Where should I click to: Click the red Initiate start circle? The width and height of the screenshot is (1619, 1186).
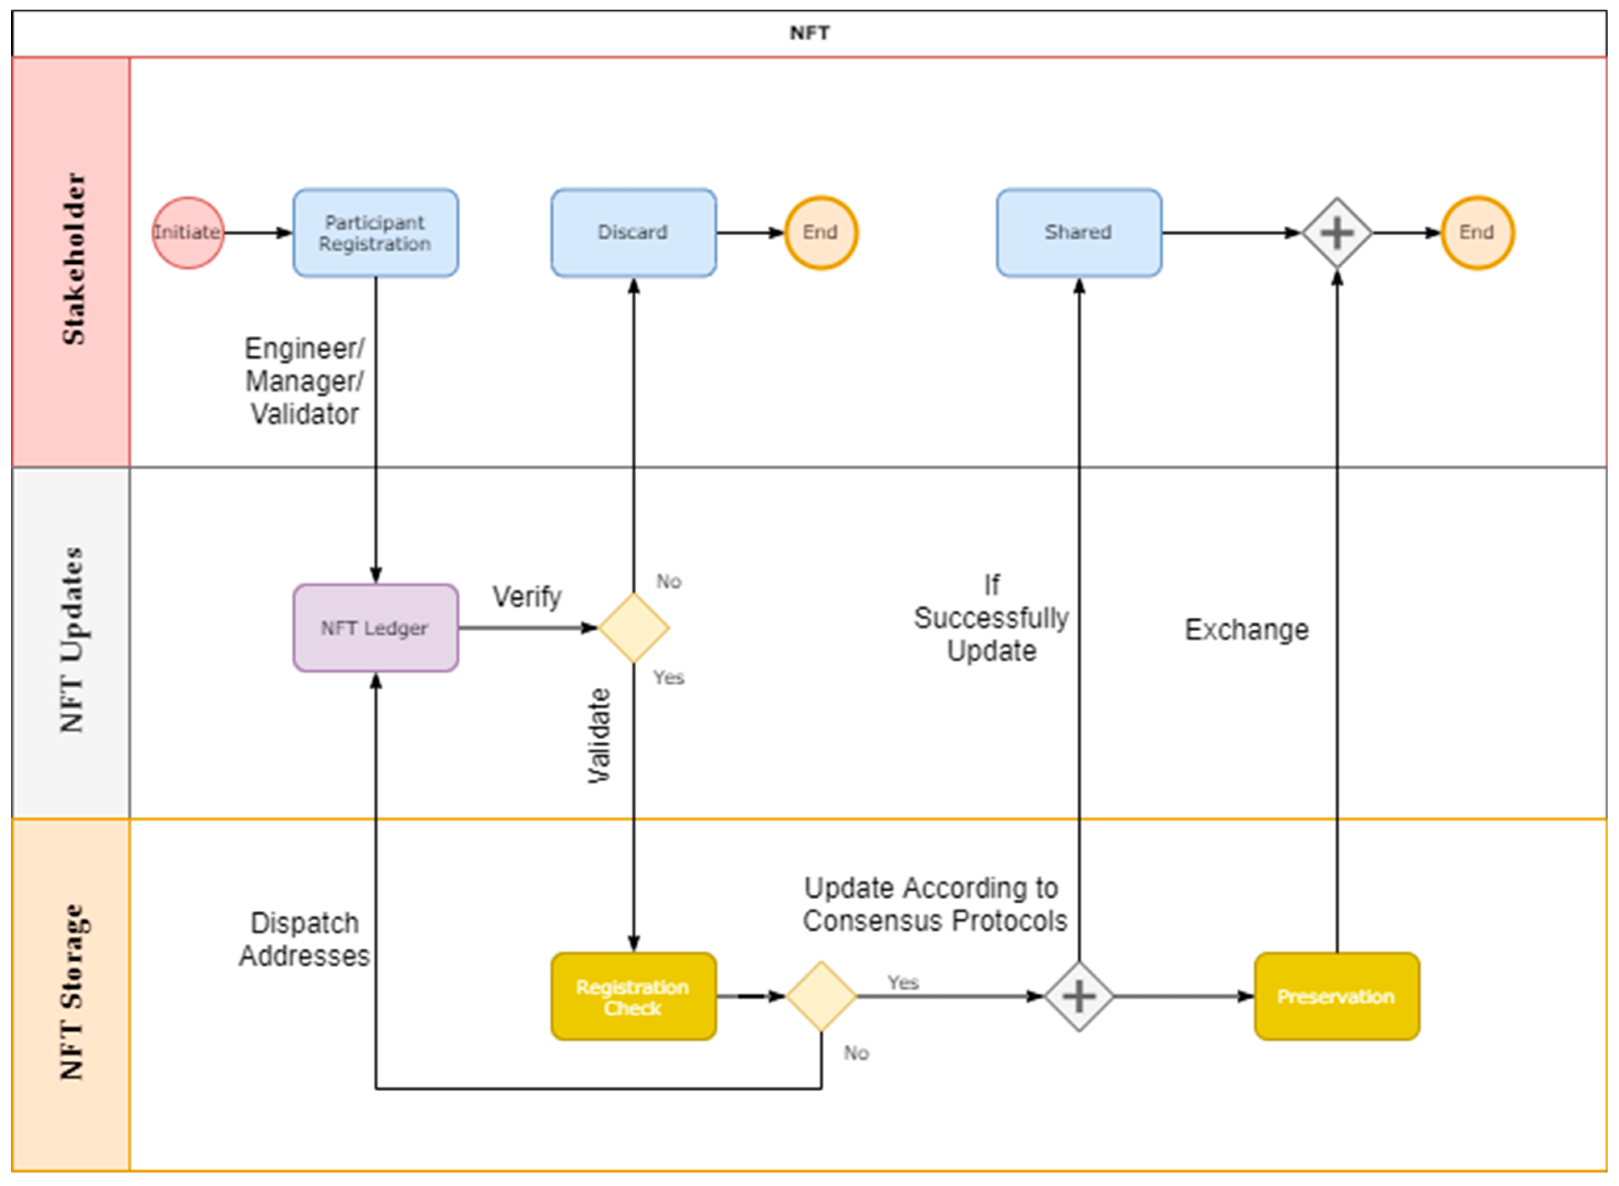point(188,233)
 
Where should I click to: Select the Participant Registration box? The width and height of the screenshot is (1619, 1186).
point(375,233)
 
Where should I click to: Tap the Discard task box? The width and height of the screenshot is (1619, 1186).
point(633,233)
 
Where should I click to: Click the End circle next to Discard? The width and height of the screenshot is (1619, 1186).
point(821,233)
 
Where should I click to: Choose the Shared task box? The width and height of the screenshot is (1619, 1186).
point(1078,233)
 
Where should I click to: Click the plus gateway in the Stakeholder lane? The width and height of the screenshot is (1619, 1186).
point(1337,233)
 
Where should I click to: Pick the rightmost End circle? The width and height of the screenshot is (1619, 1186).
point(1477,233)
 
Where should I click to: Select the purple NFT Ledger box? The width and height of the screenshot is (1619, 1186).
point(375,628)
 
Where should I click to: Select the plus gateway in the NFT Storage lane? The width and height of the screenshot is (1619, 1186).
point(1078,997)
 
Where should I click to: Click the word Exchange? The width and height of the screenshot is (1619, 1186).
point(1246,630)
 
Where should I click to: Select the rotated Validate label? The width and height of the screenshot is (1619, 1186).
point(599,736)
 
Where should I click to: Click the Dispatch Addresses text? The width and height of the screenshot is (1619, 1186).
point(304,940)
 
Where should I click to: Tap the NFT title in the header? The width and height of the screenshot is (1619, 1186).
point(809,33)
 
